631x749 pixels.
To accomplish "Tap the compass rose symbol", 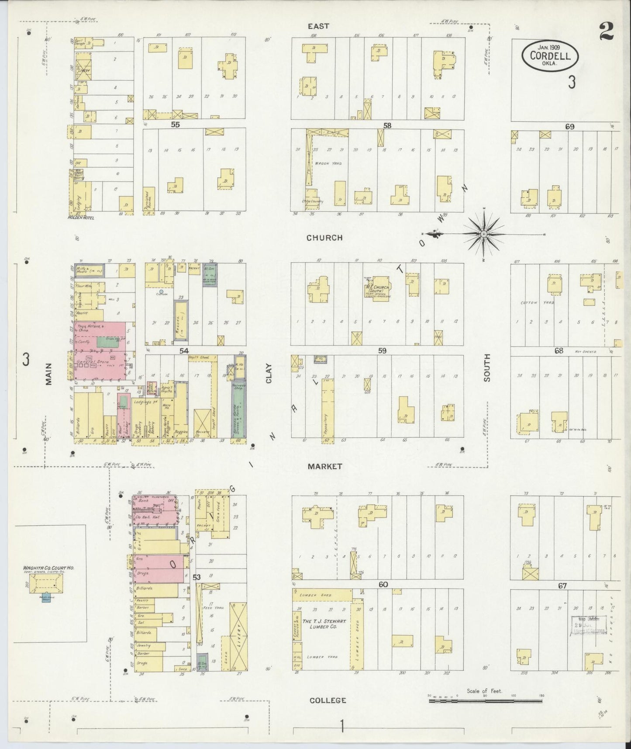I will point(484,234).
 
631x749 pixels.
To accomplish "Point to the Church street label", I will point(324,238).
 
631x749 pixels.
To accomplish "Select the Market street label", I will point(324,466).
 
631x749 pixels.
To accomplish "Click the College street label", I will point(328,700).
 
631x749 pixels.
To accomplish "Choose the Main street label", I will point(48,374).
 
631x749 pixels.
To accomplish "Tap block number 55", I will point(175,125).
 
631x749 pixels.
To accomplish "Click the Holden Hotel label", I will point(81,217).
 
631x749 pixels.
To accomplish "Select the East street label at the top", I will point(318,26).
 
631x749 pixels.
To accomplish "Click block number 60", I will point(383,584).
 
